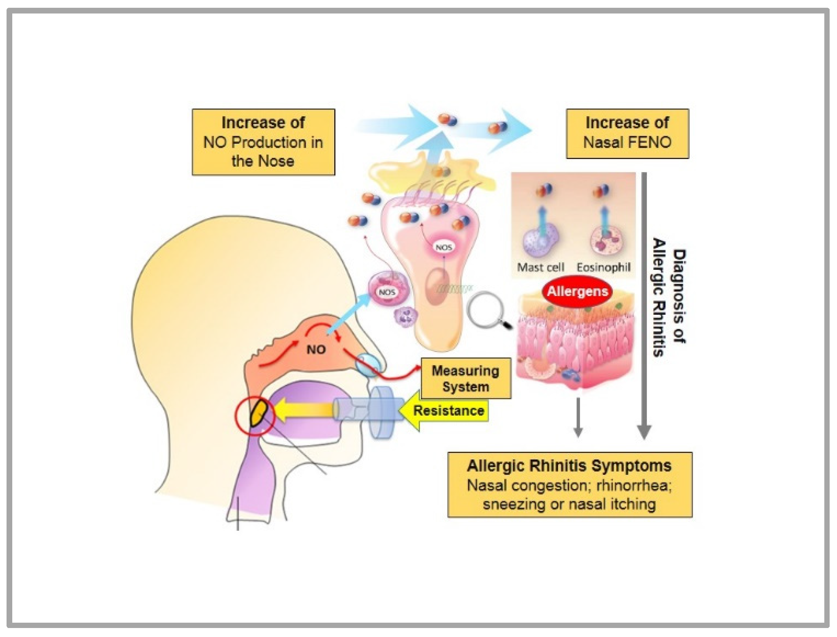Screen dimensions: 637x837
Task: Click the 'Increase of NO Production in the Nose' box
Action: click(x=263, y=142)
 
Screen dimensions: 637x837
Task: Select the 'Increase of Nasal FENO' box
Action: click(x=627, y=133)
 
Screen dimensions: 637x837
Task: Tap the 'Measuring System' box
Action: click(x=466, y=379)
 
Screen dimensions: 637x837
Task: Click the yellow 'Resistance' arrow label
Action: click(x=448, y=410)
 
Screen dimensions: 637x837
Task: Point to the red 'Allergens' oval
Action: click(x=577, y=292)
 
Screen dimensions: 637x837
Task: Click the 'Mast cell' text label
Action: click(x=540, y=267)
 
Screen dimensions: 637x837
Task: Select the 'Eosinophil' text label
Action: click(x=603, y=267)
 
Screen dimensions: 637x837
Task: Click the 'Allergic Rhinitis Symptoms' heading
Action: click(x=569, y=466)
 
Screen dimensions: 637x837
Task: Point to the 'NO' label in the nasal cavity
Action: click(x=316, y=350)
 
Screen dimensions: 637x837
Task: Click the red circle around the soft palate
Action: click(x=254, y=416)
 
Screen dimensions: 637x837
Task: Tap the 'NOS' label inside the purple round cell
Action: click(x=387, y=292)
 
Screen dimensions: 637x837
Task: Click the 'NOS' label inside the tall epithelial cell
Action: click(x=443, y=248)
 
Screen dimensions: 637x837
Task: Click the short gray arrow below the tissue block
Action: click(x=578, y=417)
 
